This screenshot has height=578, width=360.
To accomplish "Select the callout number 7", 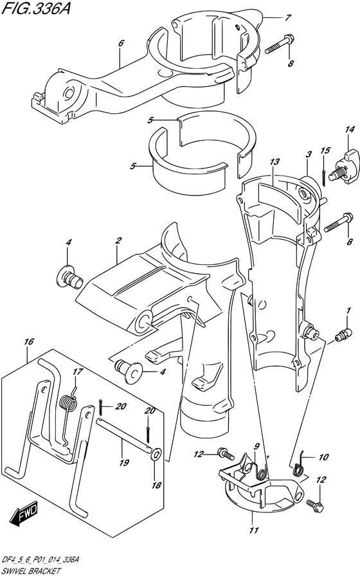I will click(x=287, y=17).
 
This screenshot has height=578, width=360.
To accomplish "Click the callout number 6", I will click(x=120, y=44).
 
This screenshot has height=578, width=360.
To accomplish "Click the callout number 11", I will click(x=253, y=530).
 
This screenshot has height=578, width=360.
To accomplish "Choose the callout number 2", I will click(x=118, y=240).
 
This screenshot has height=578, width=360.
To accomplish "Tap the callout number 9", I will click(x=255, y=446).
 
